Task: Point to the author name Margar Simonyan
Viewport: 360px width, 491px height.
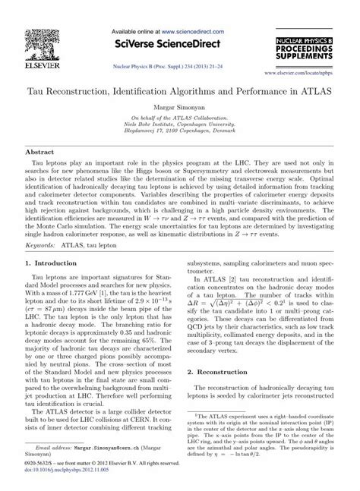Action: [x=179, y=106]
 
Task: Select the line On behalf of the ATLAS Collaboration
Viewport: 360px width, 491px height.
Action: [x=179, y=118]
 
